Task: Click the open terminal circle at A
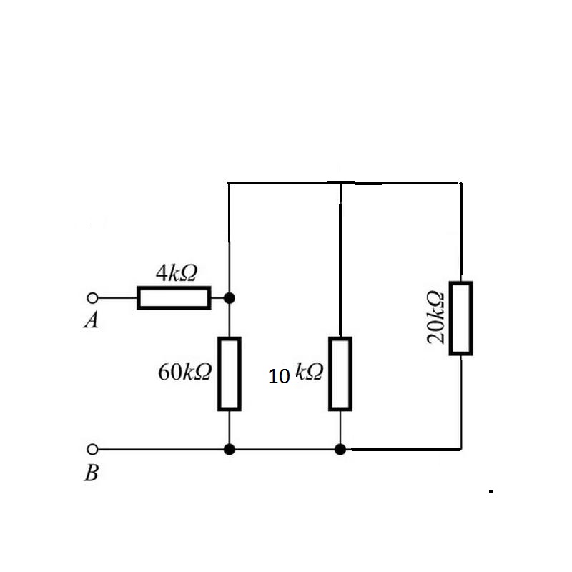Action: point(93,298)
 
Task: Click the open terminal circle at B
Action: point(93,450)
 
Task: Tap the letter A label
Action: point(92,320)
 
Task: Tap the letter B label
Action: point(92,473)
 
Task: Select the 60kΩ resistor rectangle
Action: point(230,374)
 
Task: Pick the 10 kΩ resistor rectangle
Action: point(340,374)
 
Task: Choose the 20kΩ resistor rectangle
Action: point(461,318)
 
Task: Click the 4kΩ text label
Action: point(177,272)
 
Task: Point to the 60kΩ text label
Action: point(184,372)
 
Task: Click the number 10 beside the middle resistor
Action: point(279,377)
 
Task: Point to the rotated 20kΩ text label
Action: point(435,317)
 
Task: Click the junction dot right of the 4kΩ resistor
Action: point(229,298)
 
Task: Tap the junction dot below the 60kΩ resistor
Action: point(229,450)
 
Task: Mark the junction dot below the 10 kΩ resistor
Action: point(340,450)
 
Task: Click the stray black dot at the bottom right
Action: point(491,491)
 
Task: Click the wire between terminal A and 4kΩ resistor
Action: point(117,298)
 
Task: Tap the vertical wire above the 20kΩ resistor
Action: point(461,232)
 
